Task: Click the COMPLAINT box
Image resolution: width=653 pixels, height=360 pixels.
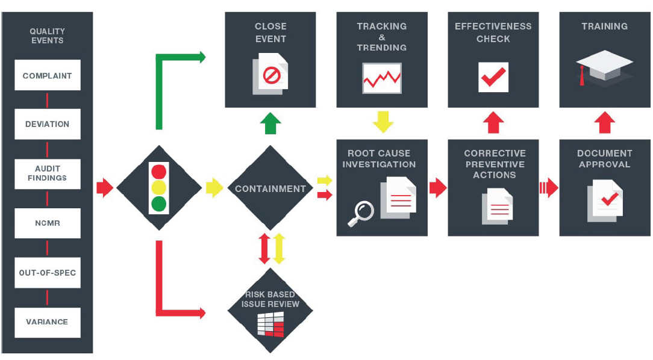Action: (47, 75)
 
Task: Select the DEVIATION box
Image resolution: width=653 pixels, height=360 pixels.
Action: (47, 124)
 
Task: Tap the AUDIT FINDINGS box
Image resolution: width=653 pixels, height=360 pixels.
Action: (47, 173)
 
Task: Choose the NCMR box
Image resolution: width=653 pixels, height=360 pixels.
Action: (47, 223)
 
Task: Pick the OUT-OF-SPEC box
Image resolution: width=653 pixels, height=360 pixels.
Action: (47, 272)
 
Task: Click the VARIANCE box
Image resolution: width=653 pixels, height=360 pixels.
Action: (47, 321)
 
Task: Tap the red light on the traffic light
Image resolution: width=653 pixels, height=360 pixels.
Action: (159, 170)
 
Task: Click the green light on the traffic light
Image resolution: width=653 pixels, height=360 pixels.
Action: (159, 203)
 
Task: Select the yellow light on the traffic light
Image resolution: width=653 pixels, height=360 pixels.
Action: (159, 187)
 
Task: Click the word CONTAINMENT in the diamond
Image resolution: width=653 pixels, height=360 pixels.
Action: (270, 188)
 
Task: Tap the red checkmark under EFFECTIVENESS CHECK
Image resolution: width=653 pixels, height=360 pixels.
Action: (493, 77)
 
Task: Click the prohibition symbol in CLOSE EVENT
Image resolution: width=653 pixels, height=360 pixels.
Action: (272, 76)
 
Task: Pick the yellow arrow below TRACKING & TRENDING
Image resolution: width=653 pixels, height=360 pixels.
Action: (383, 122)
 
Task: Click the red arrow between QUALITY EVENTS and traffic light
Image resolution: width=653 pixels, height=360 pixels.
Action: (105, 188)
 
